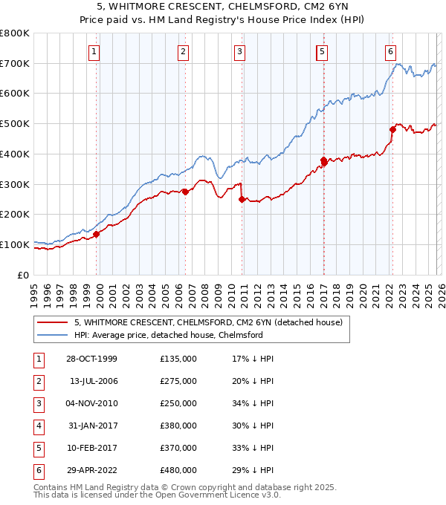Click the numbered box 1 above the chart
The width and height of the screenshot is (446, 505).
96,51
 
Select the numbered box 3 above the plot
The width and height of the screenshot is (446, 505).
240,51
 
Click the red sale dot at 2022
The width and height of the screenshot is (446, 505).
392,129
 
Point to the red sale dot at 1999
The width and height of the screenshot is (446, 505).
97,234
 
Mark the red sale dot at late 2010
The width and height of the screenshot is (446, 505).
242,199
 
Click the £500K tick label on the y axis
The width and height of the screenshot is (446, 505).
15,124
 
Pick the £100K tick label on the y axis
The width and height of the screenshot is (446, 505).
15,244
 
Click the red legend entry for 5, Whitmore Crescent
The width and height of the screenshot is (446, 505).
207,322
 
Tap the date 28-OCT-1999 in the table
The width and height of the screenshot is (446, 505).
91,359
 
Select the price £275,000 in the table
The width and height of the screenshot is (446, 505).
178,381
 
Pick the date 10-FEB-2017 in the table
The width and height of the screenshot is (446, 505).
91,448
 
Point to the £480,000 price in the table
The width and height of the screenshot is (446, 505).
178,470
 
